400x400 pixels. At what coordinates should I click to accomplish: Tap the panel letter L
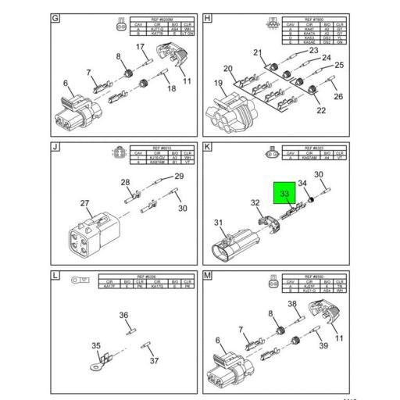pos(55,276)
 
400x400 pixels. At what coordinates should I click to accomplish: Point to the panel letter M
pos(207,276)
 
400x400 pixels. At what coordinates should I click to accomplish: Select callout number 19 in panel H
pos(219,83)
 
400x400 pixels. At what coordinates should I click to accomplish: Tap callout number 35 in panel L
pos(97,345)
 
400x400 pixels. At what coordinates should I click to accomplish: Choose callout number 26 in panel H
pos(338,97)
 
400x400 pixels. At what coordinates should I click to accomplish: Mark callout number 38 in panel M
pos(291,303)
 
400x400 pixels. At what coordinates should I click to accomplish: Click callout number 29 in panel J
pos(178,177)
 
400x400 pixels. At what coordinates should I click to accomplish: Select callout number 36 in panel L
pos(123,316)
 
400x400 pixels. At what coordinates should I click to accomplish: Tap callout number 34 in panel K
pos(302,184)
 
